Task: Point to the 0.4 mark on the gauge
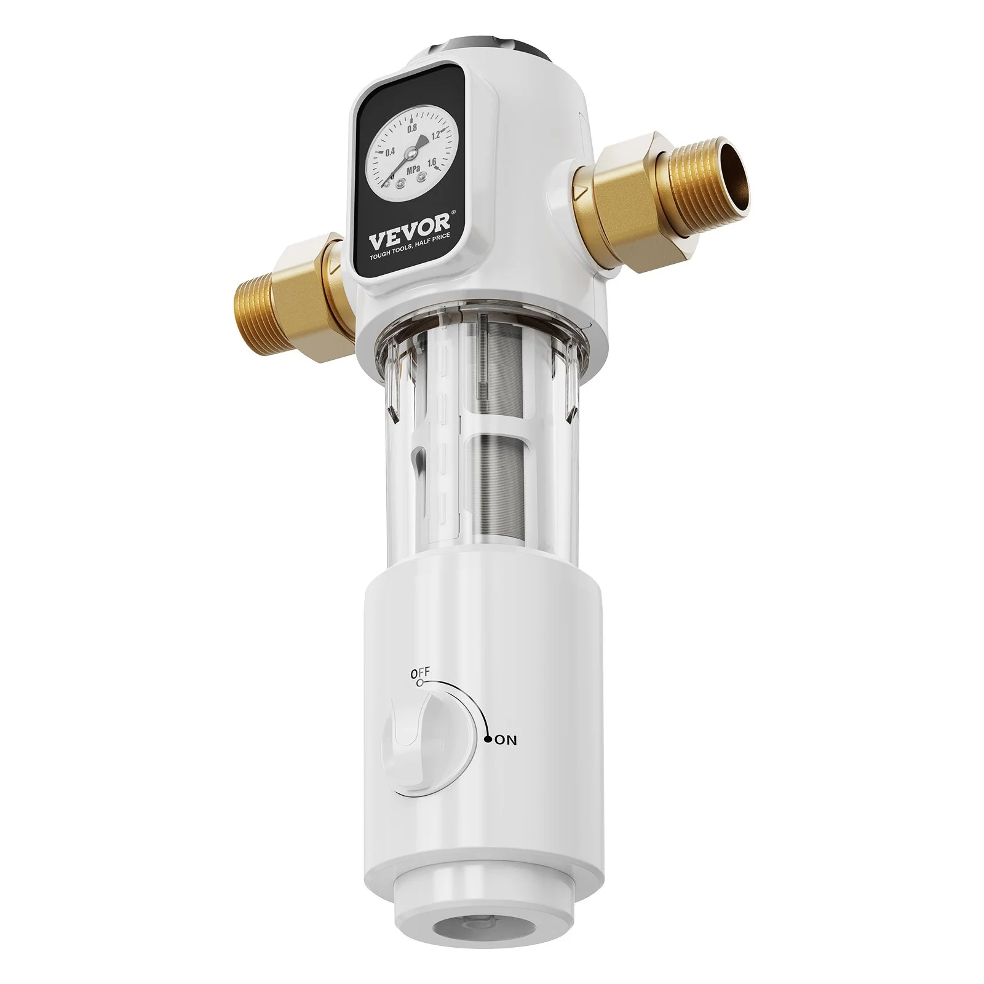pyautogui.click(x=390, y=152)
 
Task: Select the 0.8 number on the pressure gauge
pyautogui.click(x=412, y=127)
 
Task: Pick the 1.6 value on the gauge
pyautogui.click(x=432, y=162)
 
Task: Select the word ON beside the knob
pyautogui.click(x=506, y=741)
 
